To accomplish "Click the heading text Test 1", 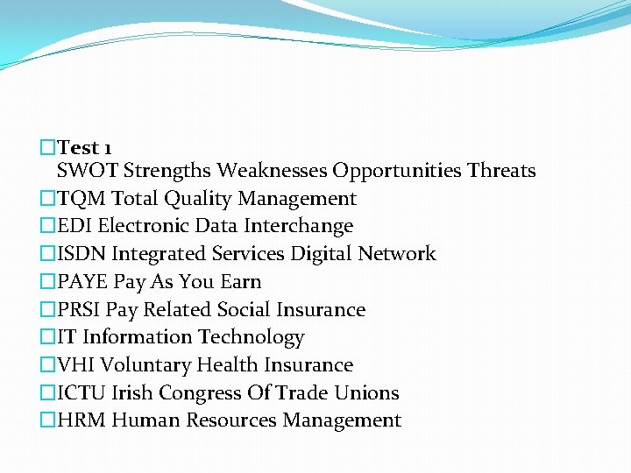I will (x=84, y=148).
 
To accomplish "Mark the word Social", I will (x=244, y=310).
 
